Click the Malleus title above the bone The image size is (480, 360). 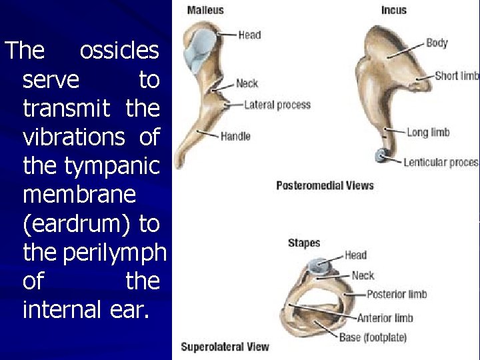tap(205, 10)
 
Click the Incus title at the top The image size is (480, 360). tap(394, 10)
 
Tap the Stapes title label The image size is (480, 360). tap(304, 243)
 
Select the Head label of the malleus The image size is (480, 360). tap(249, 35)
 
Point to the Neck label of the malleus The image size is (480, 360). tap(247, 83)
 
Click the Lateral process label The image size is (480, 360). tap(277, 105)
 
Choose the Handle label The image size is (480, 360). tap(235, 136)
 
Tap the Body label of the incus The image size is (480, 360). tap(437, 43)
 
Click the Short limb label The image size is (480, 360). tap(457, 75)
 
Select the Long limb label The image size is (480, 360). tap(428, 132)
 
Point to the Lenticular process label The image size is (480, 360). tap(441, 162)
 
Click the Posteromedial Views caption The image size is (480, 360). tap(325, 185)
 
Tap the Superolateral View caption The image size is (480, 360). tap(225, 346)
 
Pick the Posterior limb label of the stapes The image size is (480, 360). tap(397, 294)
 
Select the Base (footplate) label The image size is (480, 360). tap(373, 337)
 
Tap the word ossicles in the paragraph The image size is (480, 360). tap(119, 51)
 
